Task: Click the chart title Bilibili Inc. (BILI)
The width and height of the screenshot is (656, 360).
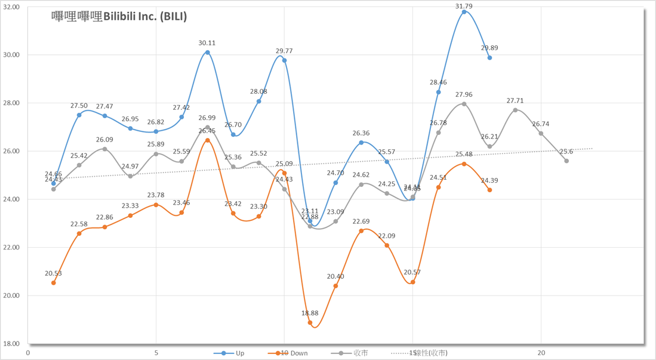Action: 119,17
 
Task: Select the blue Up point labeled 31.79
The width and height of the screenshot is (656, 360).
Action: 464,12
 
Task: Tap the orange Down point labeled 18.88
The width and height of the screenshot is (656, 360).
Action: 310,323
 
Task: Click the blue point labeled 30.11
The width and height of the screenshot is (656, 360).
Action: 208,53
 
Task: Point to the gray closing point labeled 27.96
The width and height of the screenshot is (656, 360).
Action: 464,104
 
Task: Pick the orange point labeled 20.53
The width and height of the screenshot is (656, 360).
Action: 54,282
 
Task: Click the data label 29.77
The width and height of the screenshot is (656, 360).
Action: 284,51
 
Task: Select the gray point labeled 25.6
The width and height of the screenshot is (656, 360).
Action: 566,161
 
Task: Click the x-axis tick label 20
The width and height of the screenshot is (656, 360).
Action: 541,353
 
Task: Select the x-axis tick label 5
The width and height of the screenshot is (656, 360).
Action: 156,353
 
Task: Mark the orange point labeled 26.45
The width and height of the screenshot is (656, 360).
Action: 208,141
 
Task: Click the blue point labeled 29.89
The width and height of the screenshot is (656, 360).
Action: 489,58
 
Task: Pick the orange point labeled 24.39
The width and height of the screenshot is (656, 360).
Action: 489,190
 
